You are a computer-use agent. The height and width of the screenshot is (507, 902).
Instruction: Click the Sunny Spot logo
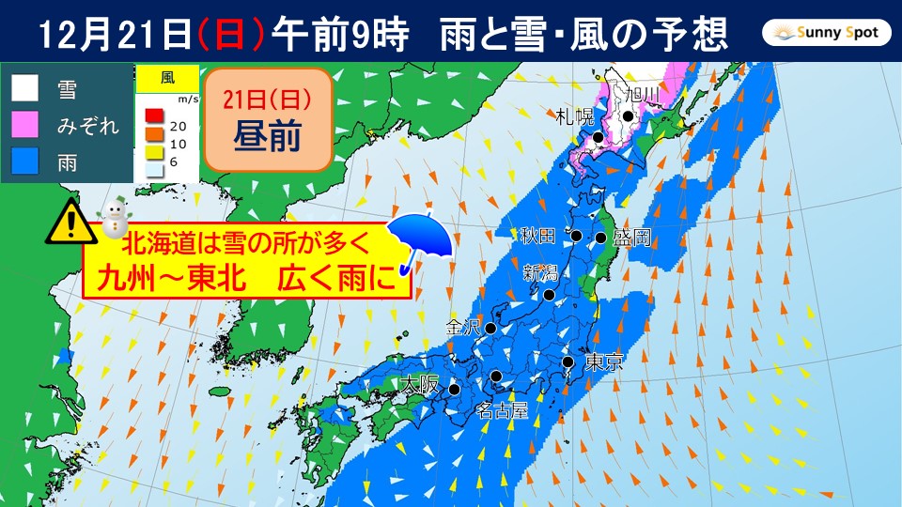pyautogui.click(x=826, y=35)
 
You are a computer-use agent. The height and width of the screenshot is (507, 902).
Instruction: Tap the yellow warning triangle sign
pyautogui.click(x=68, y=223)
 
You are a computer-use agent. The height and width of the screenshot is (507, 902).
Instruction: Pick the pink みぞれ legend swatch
pyautogui.click(x=25, y=124)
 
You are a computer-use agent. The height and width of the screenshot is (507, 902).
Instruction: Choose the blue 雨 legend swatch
pyautogui.click(x=25, y=161)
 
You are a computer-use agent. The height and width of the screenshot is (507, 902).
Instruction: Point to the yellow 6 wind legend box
pyautogui.click(x=154, y=156)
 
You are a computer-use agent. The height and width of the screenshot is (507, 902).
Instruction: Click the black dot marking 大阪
pyautogui.click(x=454, y=389)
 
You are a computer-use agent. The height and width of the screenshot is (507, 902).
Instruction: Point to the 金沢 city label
pyautogui.click(x=464, y=329)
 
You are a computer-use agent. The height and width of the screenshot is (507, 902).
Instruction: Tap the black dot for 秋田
pyautogui.click(x=577, y=236)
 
